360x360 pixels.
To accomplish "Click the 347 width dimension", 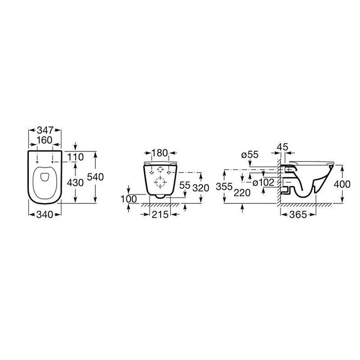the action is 45,130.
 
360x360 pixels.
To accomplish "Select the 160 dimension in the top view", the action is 45,140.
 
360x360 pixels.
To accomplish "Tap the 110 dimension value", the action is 75,157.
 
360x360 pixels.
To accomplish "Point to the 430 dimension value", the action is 75,183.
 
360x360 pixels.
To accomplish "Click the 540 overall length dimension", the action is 95,177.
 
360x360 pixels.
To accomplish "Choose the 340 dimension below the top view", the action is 45,215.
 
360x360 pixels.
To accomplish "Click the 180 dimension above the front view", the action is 160,153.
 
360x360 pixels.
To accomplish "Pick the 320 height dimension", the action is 201,188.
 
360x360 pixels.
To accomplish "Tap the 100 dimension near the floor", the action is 129,199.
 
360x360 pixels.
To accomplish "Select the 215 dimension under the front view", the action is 160,215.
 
